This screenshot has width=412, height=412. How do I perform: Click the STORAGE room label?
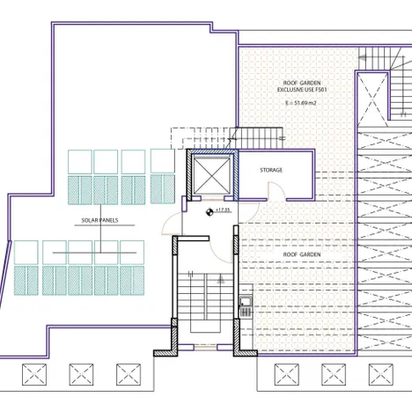tap(271, 170)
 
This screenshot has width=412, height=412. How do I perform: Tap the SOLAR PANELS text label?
tap(99, 220)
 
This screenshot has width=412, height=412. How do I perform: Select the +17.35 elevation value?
tap(223, 210)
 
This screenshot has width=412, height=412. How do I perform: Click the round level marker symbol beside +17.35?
tap(210, 212)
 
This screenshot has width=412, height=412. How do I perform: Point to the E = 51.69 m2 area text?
tap(301, 103)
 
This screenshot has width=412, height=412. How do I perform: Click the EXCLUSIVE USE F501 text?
tap(302, 90)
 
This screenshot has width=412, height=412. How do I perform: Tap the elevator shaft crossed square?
tap(211, 175)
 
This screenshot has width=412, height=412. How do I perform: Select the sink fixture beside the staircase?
tap(246, 306)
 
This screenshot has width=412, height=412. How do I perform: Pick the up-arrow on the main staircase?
tap(221, 279)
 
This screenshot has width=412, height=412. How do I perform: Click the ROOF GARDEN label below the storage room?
tap(302, 254)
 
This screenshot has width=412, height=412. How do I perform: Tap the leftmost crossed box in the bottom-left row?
tap(34, 375)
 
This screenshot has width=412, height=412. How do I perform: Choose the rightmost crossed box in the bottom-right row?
tap(381, 375)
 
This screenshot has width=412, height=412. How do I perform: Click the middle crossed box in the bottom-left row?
tap(81, 375)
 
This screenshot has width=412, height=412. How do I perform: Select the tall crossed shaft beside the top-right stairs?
tap(372, 99)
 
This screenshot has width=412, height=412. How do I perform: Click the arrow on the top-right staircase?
tap(363, 58)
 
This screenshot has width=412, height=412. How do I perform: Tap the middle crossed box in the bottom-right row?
tap(334, 375)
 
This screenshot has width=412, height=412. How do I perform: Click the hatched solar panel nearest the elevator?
tap(163, 189)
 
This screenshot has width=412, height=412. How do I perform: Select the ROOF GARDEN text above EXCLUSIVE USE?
tap(302, 83)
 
